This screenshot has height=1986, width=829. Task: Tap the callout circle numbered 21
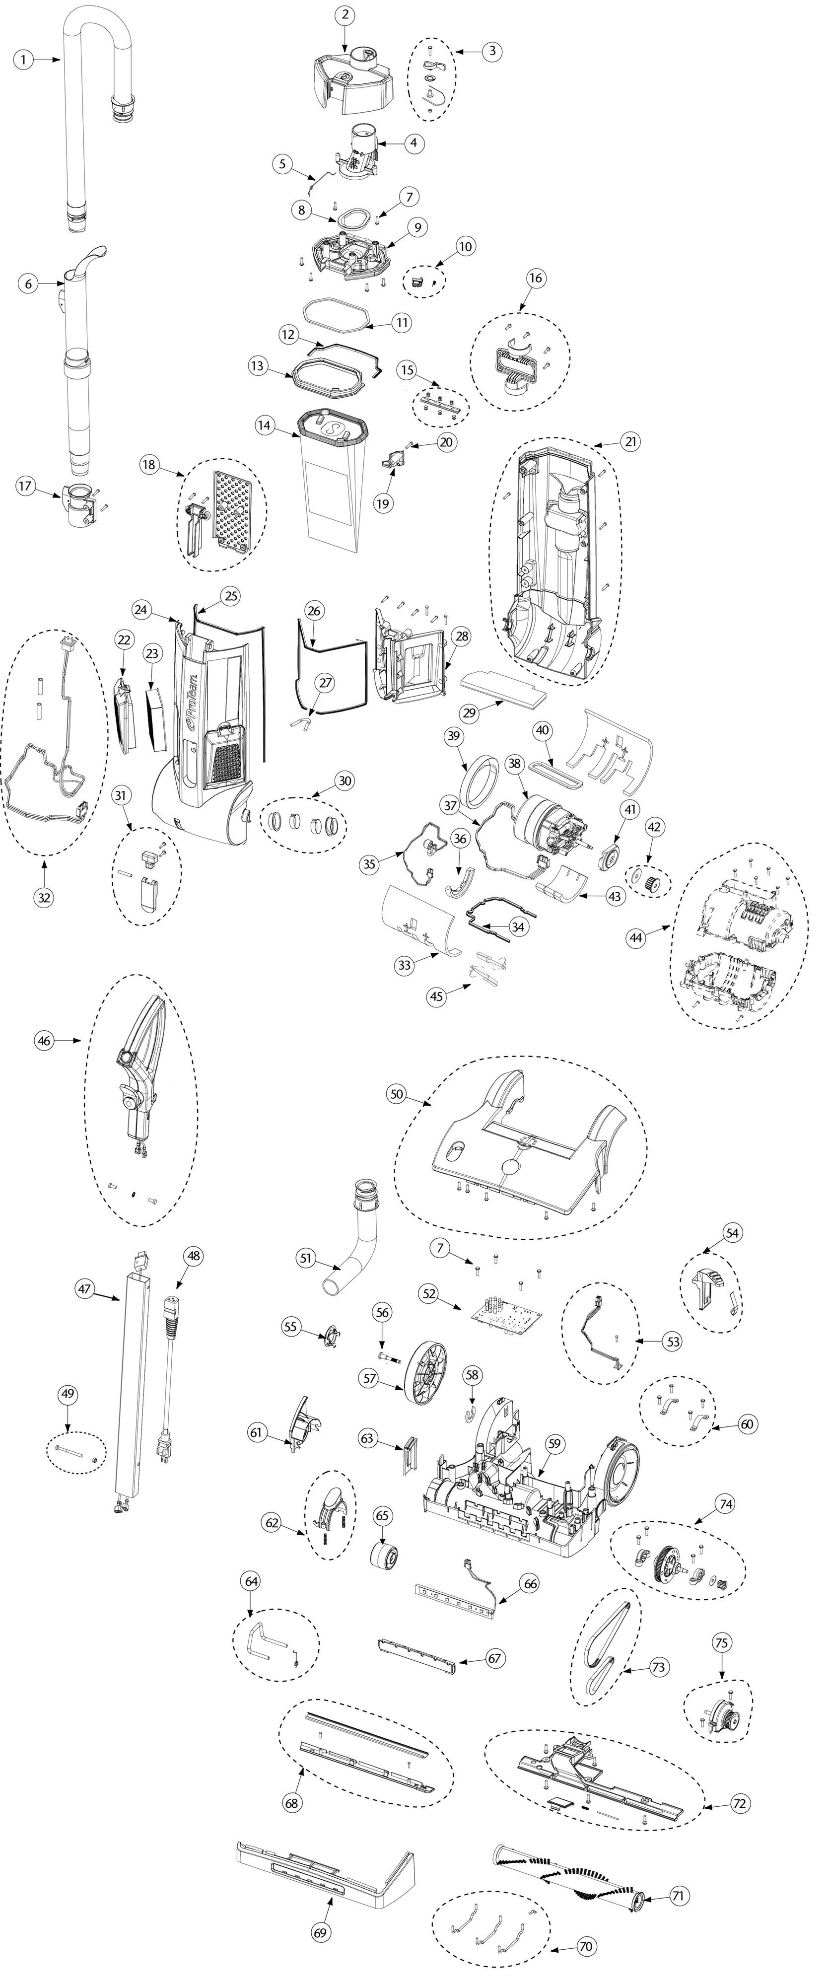[631, 442]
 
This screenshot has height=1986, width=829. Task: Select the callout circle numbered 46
[44, 1041]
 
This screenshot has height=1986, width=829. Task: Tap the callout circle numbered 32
[45, 897]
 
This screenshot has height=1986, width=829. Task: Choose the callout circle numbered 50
[396, 1095]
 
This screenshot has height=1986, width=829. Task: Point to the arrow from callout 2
[345, 37]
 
